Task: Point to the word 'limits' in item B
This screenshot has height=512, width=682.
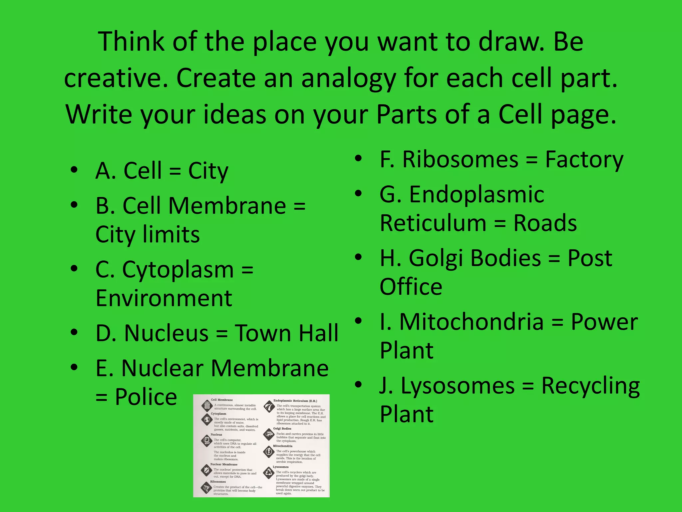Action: tap(171, 234)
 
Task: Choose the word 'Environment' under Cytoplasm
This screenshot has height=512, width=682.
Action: tap(164, 298)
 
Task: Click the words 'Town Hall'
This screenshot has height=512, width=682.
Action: tap(286, 333)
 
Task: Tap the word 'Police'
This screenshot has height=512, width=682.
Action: tap(146, 397)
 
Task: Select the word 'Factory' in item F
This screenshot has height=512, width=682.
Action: tap(584, 160)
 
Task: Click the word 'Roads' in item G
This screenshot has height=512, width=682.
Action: tap(545, 223)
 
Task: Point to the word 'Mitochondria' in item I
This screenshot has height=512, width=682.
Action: tap(472, 322)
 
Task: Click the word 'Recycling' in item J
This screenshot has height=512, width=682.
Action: tap(590, 386)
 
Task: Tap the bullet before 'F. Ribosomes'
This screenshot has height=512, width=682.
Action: tap(358, 158)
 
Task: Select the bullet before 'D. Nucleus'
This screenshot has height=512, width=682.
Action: tap(74, 332)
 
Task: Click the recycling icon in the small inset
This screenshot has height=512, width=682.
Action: tap(269, 472)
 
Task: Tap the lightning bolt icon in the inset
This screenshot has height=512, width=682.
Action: tap(268, 452)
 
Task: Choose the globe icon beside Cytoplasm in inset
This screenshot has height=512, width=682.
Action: tap(207, 419)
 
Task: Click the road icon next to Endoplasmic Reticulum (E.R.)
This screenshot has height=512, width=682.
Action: tap(269, 407)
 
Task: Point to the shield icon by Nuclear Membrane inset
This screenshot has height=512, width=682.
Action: tap(206, 470)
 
